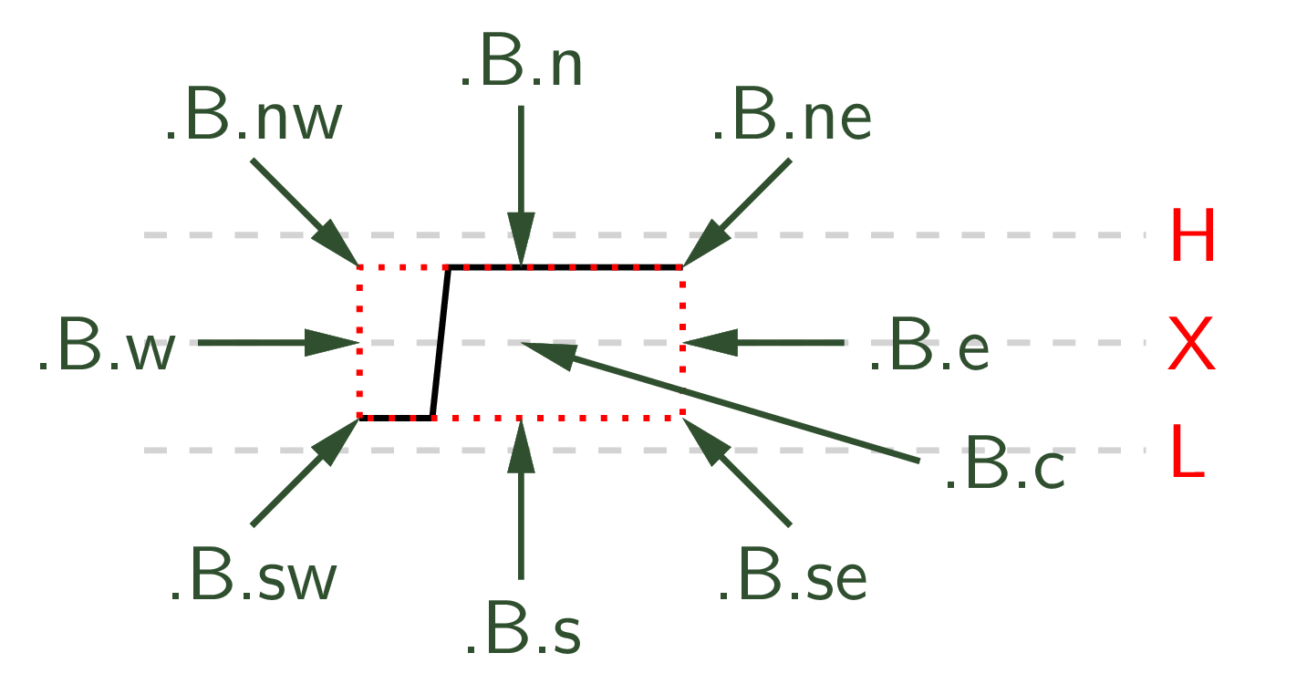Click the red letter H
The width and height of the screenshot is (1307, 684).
(1193, 234)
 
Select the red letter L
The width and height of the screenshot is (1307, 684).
(1188, 451)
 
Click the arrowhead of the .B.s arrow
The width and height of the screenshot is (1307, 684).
(521, 445)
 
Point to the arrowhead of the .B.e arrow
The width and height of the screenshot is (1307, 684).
(710, 343)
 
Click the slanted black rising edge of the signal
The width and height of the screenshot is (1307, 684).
(441, 343)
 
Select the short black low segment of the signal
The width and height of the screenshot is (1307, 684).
(396, 418)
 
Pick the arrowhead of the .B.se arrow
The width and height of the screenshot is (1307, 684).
(707, 441)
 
